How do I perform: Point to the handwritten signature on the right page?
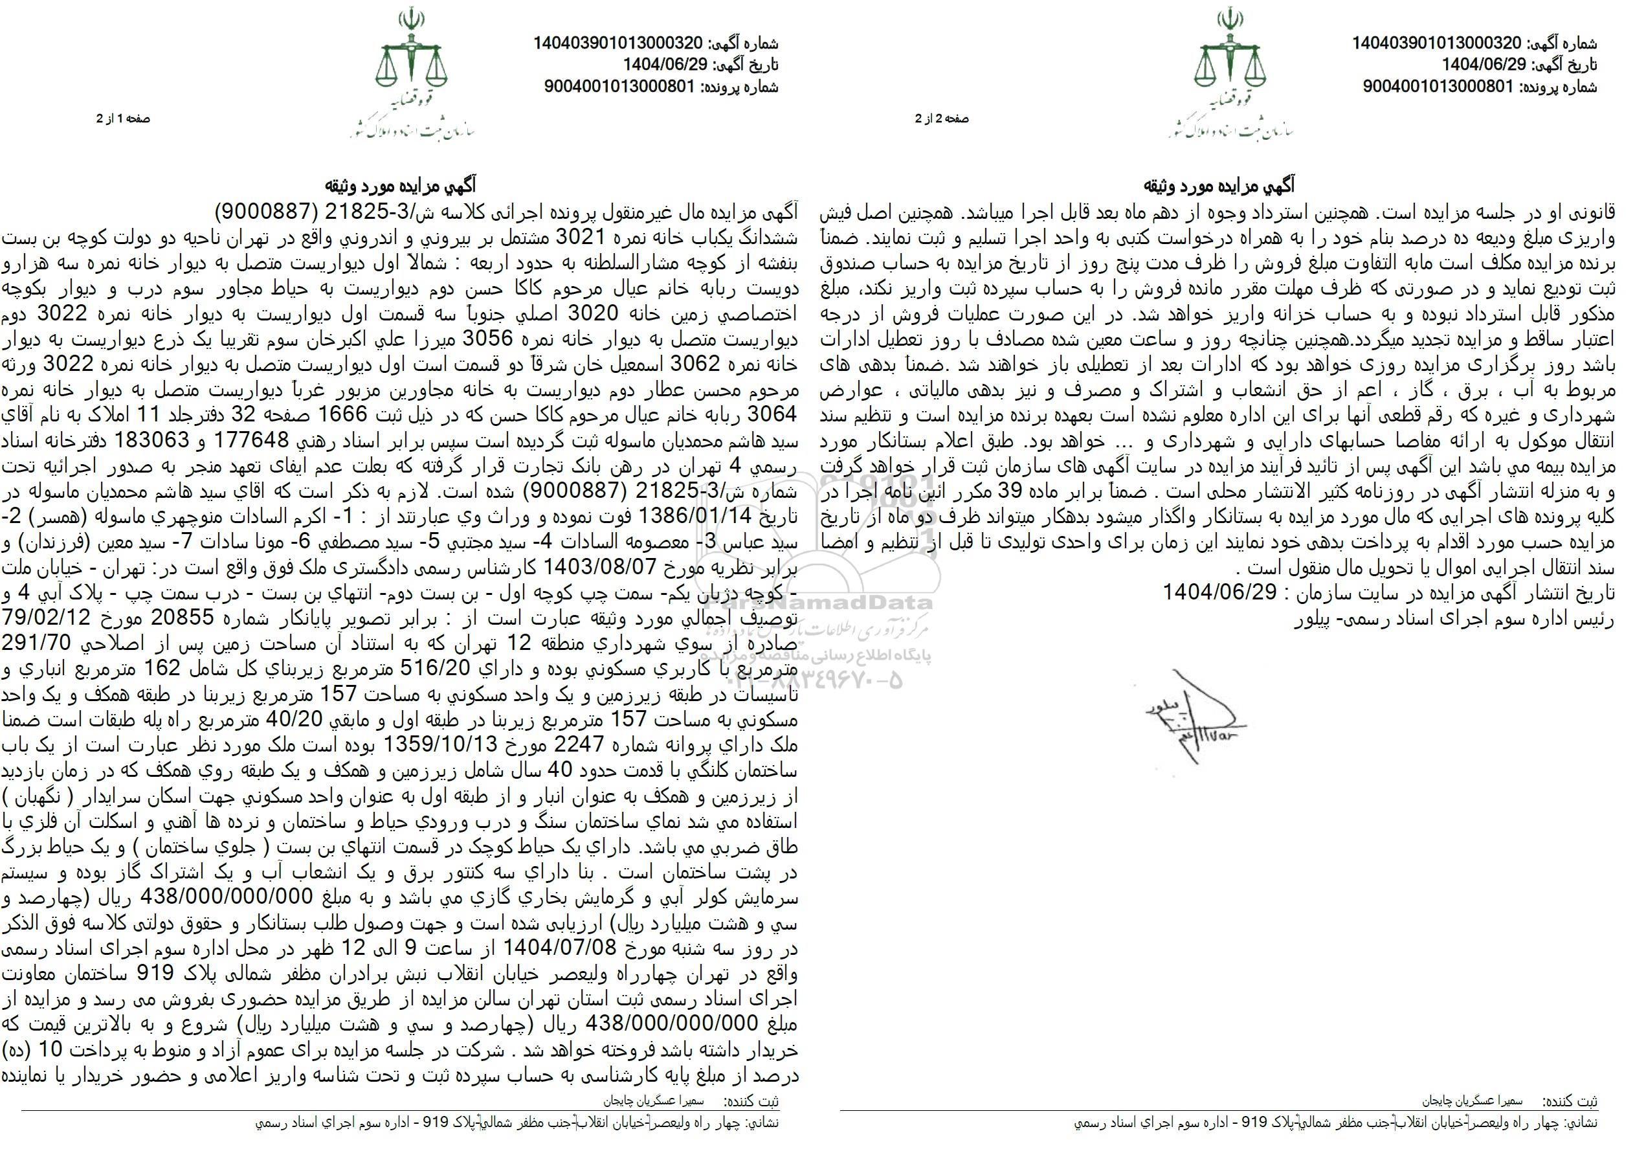(1201, 715)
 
